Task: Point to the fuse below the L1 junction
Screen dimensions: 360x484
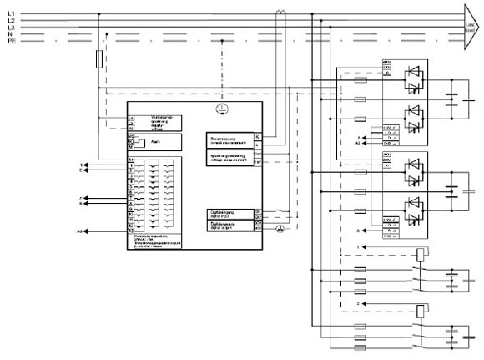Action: (x=100, y=58)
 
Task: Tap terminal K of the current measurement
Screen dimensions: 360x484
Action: (x=257, y=136)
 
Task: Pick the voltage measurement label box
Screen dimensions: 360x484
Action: (x=229, y=158)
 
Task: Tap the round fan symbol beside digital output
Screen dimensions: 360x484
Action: (x=280, y=228)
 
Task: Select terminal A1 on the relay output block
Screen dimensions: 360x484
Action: (x=131, y=160)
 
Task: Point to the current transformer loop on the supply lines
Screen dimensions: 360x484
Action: (x=283, y=12)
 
